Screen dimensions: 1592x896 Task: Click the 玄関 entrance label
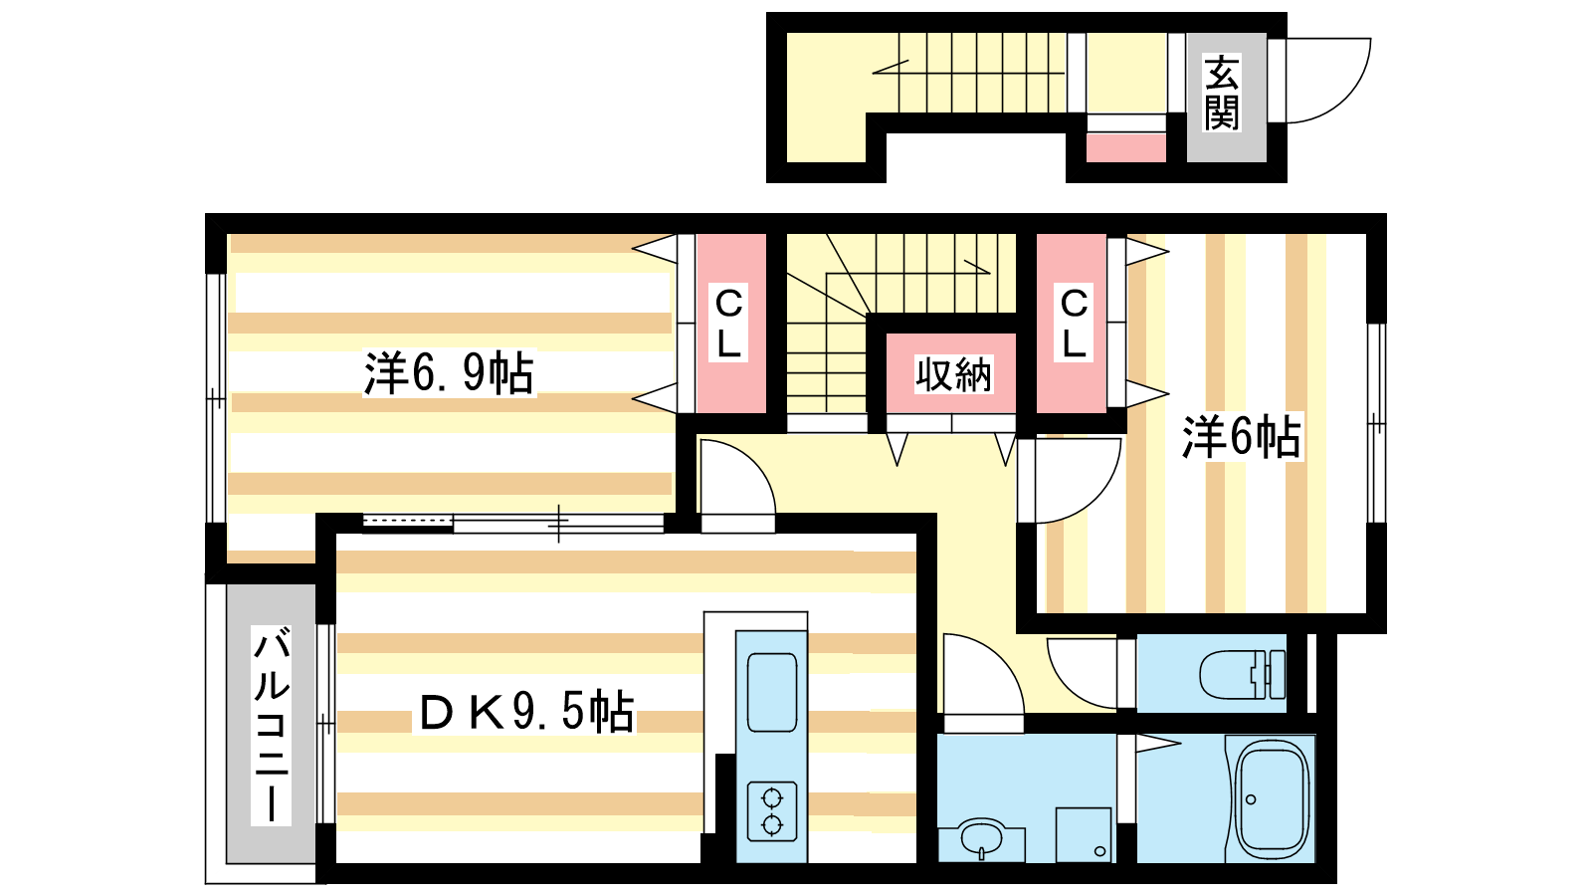tap(1221, 94)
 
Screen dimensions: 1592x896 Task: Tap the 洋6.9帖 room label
tap(449, 372)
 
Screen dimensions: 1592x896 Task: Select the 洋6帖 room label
tap(1241, 436)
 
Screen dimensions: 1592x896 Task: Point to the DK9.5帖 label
tap(526, 711)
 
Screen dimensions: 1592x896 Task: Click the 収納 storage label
tap(952, 374)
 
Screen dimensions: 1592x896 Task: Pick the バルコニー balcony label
tap(272, 726)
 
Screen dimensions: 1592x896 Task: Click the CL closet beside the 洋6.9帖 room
tap(729, 323)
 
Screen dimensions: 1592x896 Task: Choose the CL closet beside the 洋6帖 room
tap(1073, 323)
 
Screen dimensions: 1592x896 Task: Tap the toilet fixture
tap(1241, 673)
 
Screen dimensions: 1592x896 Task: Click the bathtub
tap(1272, 797)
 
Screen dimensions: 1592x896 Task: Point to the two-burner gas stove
tap(772, 811)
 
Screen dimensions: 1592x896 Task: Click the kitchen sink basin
tap(772, 693)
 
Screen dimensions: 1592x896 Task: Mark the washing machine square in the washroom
tap(1084, 835)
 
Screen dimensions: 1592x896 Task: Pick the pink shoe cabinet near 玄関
tap(1125, 148)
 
